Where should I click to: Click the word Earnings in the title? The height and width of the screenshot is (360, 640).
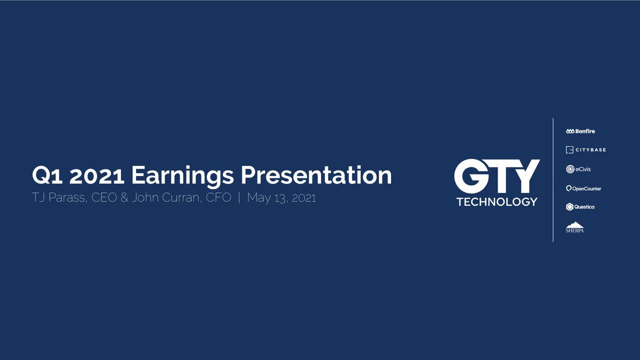182,175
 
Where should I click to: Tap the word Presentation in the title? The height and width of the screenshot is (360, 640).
316,175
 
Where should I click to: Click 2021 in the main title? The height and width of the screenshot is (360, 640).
97,175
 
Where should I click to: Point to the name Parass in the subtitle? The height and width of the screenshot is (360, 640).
66,198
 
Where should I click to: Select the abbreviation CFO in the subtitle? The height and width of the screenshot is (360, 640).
218,198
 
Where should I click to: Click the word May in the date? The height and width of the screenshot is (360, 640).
258,198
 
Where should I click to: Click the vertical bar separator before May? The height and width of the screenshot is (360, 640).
239,198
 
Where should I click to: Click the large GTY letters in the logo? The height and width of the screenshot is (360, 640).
496,176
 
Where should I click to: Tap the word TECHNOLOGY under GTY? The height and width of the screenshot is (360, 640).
497,202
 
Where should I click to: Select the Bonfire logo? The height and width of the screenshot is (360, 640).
580,131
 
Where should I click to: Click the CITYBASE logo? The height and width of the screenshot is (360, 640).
585,150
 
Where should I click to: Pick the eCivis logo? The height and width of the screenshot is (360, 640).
578,169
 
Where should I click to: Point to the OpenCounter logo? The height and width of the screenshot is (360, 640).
583,188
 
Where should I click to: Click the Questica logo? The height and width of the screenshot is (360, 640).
580,207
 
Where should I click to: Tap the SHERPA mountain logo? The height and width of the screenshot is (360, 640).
574,227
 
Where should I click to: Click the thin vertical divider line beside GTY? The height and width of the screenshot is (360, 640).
553,180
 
